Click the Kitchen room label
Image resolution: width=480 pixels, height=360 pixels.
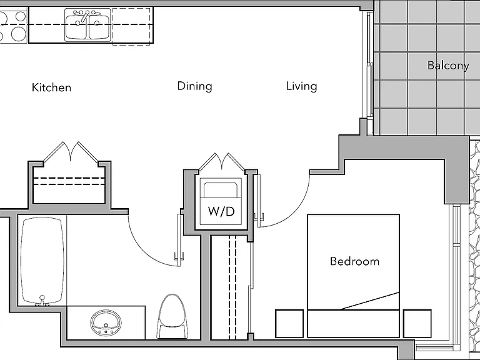click(51, 87)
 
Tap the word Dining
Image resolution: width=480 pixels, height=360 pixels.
click(195, 86)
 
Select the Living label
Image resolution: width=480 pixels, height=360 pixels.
click(301, 86)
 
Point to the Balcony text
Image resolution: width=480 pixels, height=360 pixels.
click(448, 66)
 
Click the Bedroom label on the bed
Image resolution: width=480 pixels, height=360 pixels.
click(354, 261)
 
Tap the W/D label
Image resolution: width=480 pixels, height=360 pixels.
click(221, 211)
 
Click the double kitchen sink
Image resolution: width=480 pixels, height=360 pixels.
click(87, 25)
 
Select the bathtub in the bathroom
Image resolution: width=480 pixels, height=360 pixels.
click(42, 261)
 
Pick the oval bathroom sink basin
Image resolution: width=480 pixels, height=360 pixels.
click(106, 323)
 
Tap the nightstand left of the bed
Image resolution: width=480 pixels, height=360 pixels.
click(289, 324)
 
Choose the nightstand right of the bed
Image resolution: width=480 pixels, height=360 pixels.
click(417, 324)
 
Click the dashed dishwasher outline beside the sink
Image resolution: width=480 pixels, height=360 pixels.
click(131, 27)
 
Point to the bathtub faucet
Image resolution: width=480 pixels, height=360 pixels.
click(42, 301)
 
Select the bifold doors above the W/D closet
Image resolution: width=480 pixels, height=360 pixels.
click(222, 162)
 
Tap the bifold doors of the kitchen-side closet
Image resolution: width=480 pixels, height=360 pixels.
click(71, 151)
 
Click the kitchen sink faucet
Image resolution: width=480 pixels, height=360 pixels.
click(87, 15)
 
